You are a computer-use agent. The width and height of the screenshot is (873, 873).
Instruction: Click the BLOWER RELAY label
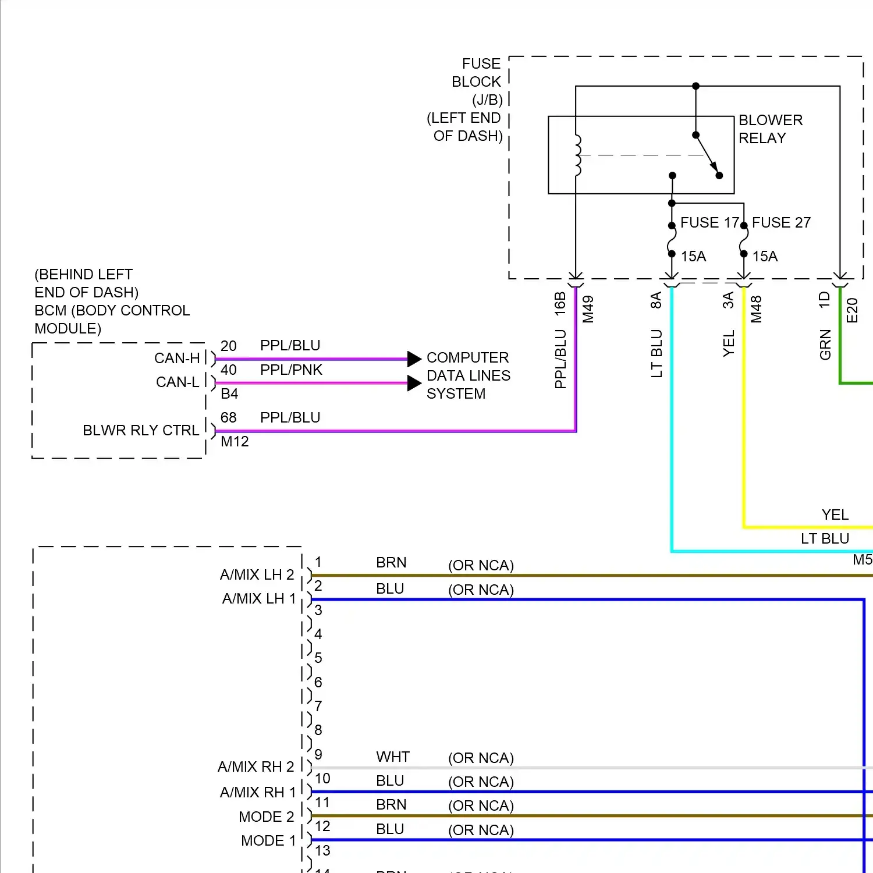pyautogui.click(x=770, y=129)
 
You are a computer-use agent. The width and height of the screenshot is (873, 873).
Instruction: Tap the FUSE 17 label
pyautogui.click(x=709, y=223)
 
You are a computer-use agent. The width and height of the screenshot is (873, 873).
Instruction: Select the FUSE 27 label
pyautogui.click(x=781, y=223)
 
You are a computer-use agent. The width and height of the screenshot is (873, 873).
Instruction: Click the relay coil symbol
pyautogui.click(x=577, y=155)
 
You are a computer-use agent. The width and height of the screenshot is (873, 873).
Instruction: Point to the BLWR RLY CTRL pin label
pyautogui.click(x=141, y=431)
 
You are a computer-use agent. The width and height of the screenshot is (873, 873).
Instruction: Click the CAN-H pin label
pyautogui.click(x=177, y=359)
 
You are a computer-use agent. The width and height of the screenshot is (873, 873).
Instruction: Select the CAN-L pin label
pyautogui.click(x=178, y=382)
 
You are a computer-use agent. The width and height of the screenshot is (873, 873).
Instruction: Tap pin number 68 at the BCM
pyautogui.click(x=229, y=418)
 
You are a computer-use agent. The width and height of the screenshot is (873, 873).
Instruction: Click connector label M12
pyautogui.click(x=235, y=442)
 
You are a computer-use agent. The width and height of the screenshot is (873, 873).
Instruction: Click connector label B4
pyautogui.click(x=229, y=394)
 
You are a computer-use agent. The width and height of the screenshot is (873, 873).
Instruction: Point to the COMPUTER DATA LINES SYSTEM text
pyautogui.click(x=468, y=376)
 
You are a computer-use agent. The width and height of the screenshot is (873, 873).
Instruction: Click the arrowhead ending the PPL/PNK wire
pyautogui.click(x=414, y=383)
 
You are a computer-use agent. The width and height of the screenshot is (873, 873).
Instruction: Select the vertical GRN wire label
pyautogui.click(x=825, y=345)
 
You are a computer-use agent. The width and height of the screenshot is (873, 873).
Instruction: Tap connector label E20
pyautogui.click(x=852, y=310)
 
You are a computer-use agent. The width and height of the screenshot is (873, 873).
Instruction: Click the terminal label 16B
pyautogui.click(x=560, y=304)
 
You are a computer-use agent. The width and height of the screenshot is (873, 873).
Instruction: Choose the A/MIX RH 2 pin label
pyautogui.click(x=256, y=767)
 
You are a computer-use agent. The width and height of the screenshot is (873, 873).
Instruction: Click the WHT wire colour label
pyautogui.click(x=393, y=757)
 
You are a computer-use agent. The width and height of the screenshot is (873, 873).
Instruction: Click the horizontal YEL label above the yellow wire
pyautogui.click(x=835, y=515)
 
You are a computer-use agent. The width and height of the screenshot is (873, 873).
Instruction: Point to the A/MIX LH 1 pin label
pyautogui.click(x=259, y=599)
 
